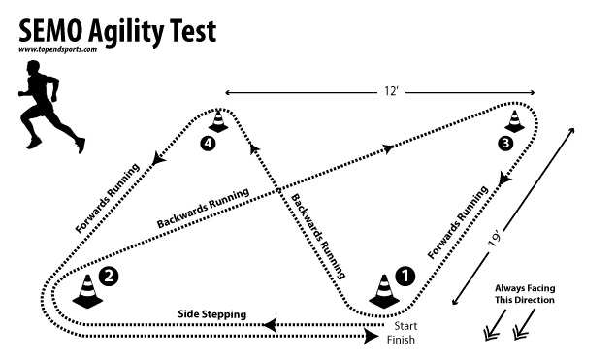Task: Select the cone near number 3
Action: [x=514, y=123]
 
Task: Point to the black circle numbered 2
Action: [x=111, y=276]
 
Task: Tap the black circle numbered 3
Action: [x=504, y=145]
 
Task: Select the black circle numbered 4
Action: [x=206, y=144]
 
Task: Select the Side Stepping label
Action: [x=211, y=314]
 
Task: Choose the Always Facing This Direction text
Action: [x=524, y=294]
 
